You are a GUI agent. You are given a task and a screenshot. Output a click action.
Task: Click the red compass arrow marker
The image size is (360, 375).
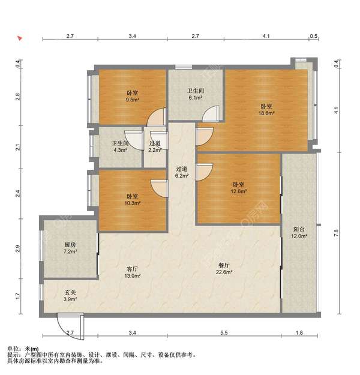click(x=20, y=38)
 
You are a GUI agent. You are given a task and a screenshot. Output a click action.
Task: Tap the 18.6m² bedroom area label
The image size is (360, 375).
click(x=266, y=110)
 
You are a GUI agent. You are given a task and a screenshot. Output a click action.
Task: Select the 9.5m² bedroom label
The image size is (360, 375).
click(x=132, y=96)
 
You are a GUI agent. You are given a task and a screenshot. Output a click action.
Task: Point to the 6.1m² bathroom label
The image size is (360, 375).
click(x=196, y=94)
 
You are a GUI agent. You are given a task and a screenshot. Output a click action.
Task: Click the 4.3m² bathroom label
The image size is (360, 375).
click(x=121, y=146)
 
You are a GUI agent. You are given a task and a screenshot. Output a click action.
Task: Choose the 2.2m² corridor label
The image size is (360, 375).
click(x=155, y=146)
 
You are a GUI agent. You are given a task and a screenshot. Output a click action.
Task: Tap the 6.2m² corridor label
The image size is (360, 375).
click(x=182, y=172)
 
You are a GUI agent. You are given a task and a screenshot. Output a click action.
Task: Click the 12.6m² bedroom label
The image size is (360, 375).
click(x=239, y=188)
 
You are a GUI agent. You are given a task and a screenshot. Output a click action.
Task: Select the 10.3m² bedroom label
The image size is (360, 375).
click(x=132, y=200)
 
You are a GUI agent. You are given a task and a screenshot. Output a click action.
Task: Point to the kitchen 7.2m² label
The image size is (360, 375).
click(x=70, y=248)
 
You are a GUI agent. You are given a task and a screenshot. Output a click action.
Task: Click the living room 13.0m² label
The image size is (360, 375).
click(x=132, y=272)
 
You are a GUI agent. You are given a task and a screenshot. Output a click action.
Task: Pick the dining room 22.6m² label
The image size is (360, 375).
click(x=224, y=269)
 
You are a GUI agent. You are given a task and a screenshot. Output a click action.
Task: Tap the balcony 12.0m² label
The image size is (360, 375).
click(x=299, y=233)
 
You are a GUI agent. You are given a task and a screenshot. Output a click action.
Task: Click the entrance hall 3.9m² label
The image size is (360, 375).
click(x=70, y=296)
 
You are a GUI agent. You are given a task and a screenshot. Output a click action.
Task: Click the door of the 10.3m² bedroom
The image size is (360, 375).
click(x=160, y=188)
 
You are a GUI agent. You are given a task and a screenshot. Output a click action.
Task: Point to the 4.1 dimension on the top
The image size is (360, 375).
click(x=266, y=36)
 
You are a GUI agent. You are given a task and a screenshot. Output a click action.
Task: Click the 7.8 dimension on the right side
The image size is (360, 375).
click(x=337, y=233)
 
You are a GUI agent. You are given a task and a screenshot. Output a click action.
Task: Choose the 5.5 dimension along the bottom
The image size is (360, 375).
click(x=224, y=332)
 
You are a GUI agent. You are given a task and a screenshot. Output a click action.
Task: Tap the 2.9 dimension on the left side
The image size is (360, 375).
click(x=18, y=249)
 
